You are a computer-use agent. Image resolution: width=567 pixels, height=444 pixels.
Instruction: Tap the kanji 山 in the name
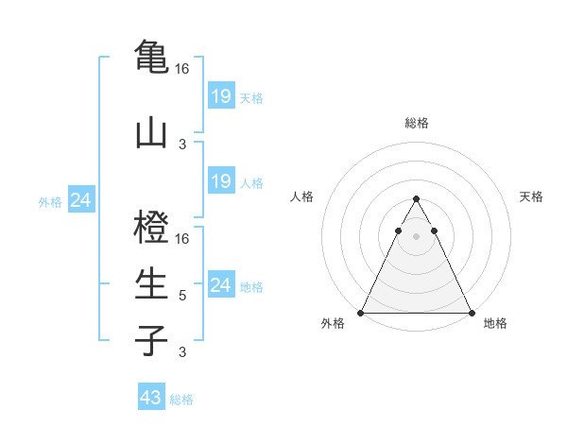151,131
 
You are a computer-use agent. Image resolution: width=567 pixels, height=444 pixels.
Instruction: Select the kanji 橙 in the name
151,228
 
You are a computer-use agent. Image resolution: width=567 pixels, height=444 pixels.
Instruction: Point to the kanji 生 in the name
151,283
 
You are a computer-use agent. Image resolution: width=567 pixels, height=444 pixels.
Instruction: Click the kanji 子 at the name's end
151,340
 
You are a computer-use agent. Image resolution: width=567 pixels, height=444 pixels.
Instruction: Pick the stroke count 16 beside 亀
182,69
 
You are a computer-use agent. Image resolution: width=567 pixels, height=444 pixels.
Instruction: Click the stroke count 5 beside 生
182,296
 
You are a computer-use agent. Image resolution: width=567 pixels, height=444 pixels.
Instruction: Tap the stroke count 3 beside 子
182,352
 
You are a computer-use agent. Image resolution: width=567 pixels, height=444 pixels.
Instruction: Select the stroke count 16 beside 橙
182,239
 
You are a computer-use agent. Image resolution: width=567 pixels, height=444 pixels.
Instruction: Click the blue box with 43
151,398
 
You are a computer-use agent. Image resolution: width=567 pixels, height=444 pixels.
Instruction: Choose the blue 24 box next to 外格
80,200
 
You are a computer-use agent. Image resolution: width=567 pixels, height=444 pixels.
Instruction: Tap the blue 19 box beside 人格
220,181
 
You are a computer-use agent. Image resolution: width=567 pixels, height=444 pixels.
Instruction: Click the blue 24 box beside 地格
220,285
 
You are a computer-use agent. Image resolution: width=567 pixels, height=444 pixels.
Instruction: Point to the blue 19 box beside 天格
220,96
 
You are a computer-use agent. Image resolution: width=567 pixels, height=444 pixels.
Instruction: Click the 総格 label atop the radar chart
416,123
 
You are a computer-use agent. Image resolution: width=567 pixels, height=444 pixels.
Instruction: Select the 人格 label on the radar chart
301,196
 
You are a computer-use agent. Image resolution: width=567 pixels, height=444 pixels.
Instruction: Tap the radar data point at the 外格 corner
361,313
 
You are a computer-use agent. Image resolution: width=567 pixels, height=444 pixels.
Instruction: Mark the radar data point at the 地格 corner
471,313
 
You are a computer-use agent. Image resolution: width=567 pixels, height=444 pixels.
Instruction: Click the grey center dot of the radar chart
416,235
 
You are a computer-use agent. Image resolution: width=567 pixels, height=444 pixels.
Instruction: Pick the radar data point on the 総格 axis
416,199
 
